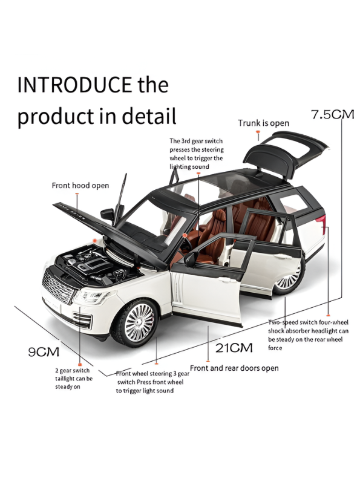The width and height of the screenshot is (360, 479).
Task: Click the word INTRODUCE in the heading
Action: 74,85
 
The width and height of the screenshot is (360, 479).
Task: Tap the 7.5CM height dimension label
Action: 333,114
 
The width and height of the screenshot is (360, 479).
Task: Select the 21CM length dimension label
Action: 234,348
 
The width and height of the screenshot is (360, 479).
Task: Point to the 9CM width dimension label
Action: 44,352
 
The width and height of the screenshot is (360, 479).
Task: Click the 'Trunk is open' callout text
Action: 263,123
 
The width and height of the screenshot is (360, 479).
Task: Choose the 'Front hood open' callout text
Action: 80,186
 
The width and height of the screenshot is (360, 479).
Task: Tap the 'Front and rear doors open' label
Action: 234,368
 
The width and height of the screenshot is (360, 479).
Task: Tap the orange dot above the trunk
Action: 258,131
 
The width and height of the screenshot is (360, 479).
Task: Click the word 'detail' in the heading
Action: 149,116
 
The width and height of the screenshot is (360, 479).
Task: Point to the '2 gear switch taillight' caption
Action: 73,379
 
